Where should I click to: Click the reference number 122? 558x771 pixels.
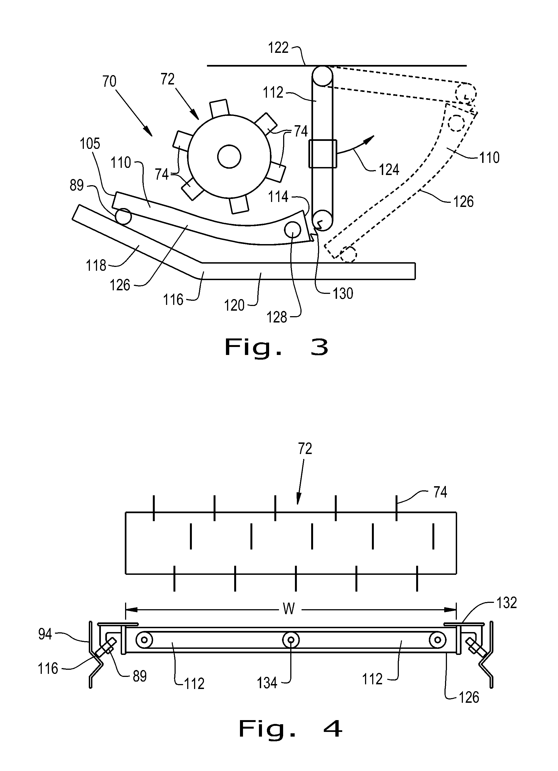coord(278,48)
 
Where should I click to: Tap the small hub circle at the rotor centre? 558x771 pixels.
coord(229,157)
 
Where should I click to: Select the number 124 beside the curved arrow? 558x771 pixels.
coord(389,169)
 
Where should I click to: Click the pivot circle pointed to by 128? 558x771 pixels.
coord(292,230)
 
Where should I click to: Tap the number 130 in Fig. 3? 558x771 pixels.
coord(343,294)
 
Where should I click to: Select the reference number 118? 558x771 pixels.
coord(96,265)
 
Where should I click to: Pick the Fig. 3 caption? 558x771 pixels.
coord(277,348)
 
